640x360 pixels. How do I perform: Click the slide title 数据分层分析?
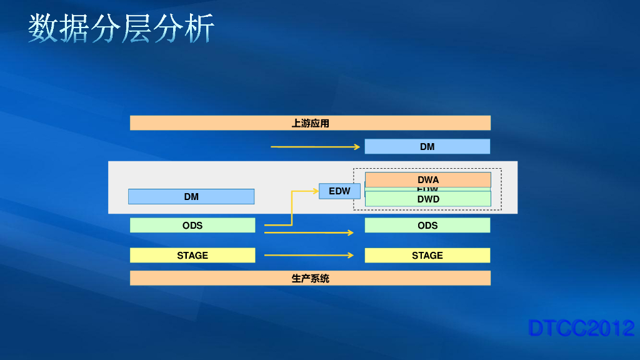point(121,28)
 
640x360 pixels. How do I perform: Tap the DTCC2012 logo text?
point(581,328)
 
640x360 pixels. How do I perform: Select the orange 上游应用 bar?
point(310,123)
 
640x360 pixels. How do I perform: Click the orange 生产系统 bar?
point(310,278)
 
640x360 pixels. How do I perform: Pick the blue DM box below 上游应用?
point(427,146)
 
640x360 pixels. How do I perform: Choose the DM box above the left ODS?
point(191,196)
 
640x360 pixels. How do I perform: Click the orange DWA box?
point(428,179)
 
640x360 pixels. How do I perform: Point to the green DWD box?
point(428,199)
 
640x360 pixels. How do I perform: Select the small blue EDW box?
point(339,191)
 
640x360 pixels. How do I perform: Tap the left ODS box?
point(192,225)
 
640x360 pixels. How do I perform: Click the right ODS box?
point(427,225)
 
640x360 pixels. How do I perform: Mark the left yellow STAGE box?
point(192,255)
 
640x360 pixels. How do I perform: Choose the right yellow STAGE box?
point(427,255)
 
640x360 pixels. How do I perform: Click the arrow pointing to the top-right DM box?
point(315,147)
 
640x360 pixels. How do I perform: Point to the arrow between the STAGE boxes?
point(309,255)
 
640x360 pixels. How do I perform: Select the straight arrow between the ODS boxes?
point(309,232)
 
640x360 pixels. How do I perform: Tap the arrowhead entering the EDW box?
point(315,191)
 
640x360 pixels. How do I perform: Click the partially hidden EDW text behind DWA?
point(427,189)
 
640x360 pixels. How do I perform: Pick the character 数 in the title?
point(41,28)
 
